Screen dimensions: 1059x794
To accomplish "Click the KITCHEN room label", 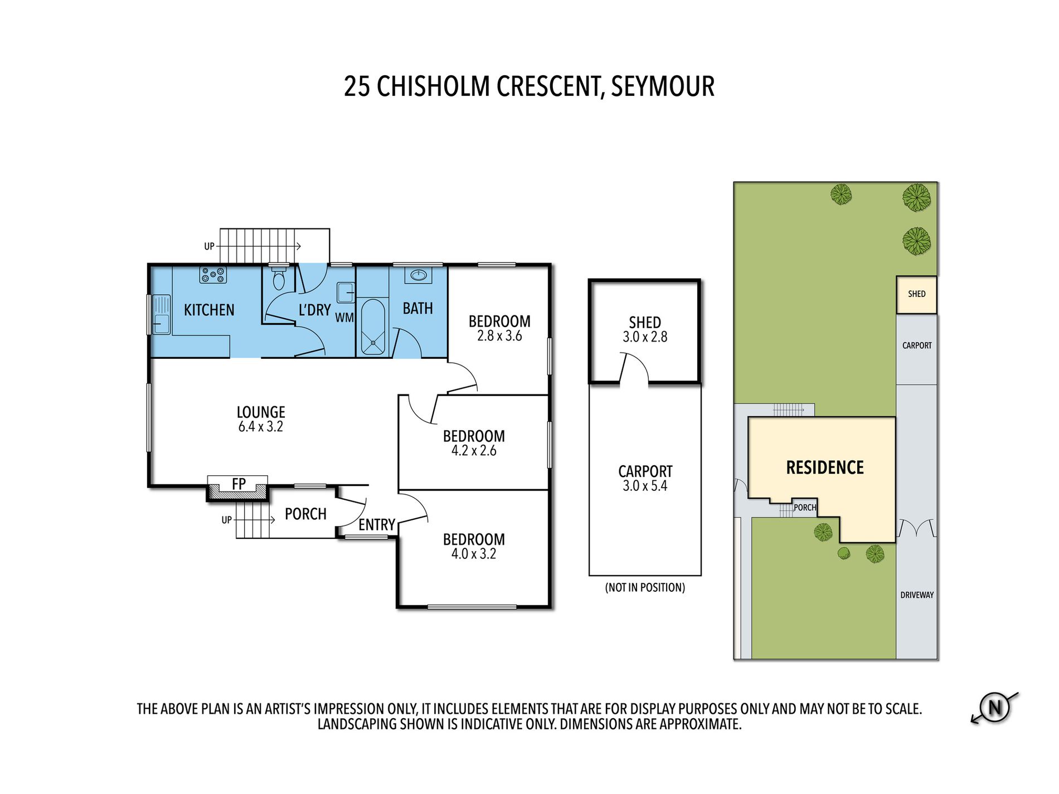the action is point(209,310).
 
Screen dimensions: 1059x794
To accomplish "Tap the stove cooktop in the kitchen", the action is point(213,275).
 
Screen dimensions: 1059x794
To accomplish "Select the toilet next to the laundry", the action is point(279,279).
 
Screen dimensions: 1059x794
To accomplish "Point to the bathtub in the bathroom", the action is point(373,327).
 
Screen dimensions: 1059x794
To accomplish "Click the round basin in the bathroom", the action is point(418,275).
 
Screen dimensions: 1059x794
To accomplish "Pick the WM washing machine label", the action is point(344,318).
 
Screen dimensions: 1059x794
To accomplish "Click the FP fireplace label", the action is point(239,484).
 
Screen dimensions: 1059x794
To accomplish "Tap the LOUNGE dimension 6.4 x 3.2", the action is point(261,427).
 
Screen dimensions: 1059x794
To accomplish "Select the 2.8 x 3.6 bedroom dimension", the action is point(499,336).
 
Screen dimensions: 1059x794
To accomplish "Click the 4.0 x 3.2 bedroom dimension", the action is point(474,554).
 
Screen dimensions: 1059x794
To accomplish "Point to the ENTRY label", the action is point(377,525).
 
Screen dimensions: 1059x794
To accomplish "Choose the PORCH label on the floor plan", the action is point(305,514).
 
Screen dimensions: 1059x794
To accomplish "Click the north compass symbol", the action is point(994,708).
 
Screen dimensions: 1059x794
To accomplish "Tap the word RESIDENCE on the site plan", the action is point(825,467).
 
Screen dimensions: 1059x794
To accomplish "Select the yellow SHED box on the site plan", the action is point(916,294).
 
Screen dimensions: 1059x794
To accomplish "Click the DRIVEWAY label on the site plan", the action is point(917,595).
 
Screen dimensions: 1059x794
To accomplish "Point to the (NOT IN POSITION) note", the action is point(645,587).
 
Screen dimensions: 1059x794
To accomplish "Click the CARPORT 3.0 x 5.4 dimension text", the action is point(645,486).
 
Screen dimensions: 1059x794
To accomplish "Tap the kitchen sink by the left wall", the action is point(161,314).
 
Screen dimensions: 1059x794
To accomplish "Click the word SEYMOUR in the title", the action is point(663,86).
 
